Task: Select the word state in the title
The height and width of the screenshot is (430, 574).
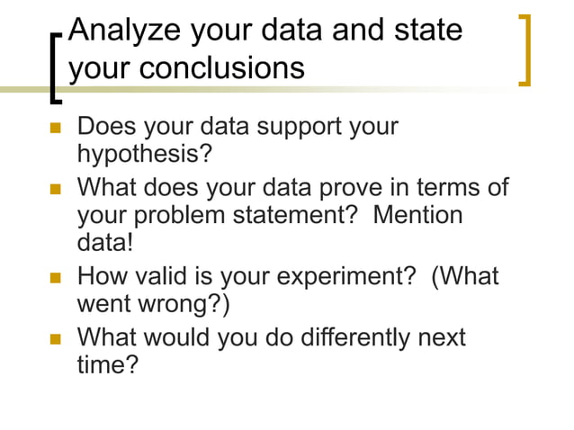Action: click(425, 31)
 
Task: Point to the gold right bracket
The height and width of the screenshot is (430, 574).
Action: click(526, 49)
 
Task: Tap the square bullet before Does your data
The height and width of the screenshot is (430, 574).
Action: click(56, 127)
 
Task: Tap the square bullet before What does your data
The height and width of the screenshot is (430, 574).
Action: click(56, 189)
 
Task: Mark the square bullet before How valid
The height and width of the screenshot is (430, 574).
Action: click(56, 276)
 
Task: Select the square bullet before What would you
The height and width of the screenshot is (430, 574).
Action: click(56, 338)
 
